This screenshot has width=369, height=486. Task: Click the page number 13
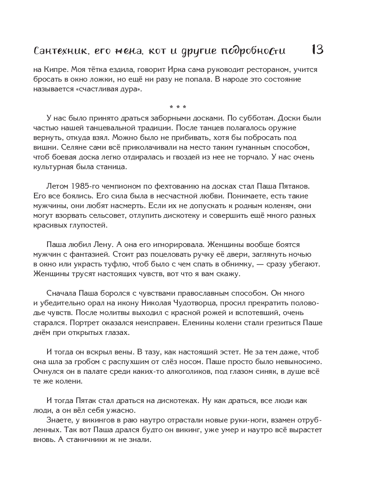pyautogui.click(x=317, y=50)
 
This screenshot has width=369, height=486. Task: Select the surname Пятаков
pyautogui.click(x=293, y=186)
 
